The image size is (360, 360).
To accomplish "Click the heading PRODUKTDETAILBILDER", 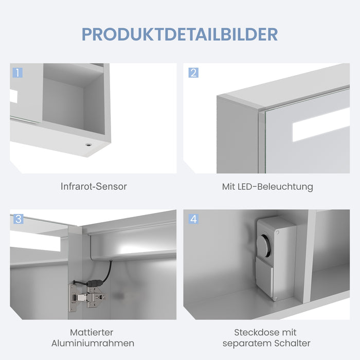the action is (180, 34).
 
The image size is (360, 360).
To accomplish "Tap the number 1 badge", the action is (17, 73).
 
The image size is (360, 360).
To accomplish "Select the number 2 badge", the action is (193, 73).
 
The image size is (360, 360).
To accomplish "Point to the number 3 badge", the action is (19, 219).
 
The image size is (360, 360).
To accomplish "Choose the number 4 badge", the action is (193, 219).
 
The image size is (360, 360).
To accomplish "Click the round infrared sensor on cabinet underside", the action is (88, 145).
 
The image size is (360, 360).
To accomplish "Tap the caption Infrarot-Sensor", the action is (94, 186).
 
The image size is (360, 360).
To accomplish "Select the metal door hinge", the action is (87, 298).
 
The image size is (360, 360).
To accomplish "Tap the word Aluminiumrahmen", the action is (93, 343).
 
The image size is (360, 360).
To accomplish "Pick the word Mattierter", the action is (92, 332).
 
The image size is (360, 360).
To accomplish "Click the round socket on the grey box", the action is (265, 246).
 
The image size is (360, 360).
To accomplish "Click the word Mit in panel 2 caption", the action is (229, 186).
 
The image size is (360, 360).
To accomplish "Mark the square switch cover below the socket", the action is (264, 278).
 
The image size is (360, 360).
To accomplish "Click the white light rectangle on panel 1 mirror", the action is (14, 96).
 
